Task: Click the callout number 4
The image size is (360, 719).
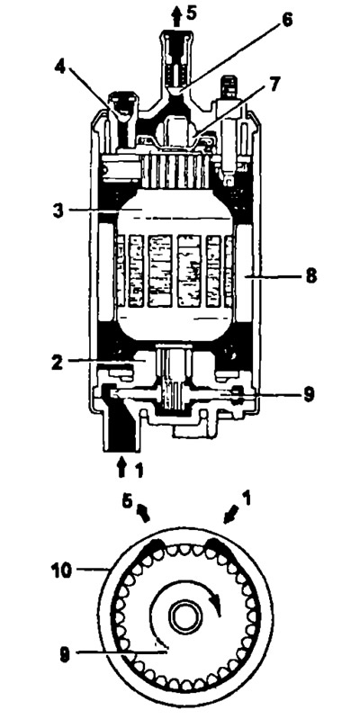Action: click(60, 67)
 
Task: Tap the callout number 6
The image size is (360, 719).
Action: click(286, 21)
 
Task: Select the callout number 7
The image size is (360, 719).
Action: click(275, 85)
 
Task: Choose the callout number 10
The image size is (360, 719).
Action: click(61, 571)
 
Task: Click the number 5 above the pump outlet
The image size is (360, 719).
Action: click(191, 13)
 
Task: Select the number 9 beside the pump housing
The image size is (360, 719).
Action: click(309, 394)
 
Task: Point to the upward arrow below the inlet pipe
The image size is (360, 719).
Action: click(121, 468)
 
